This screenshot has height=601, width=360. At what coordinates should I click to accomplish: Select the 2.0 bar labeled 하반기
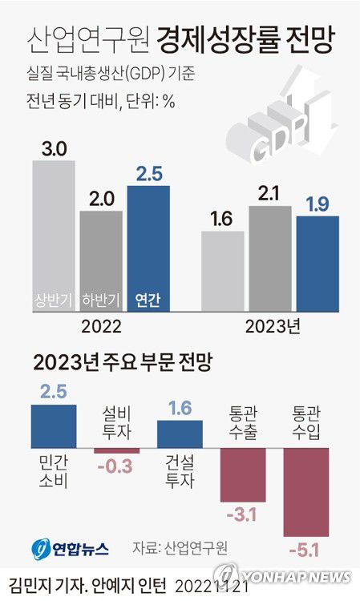[101, 260]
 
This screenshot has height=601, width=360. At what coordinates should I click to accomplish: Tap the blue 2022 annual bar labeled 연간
[148, 248]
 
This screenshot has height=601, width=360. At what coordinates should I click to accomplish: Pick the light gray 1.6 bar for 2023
[222, 271]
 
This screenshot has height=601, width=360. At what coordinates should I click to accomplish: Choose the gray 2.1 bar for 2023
[269, 258]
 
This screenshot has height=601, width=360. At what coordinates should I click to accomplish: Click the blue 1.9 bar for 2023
[318, 263]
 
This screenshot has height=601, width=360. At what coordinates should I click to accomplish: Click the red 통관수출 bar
[243, 474]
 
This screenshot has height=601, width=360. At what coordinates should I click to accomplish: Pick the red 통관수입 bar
[306, 490]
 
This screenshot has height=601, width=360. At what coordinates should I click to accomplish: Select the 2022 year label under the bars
[101, 327]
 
